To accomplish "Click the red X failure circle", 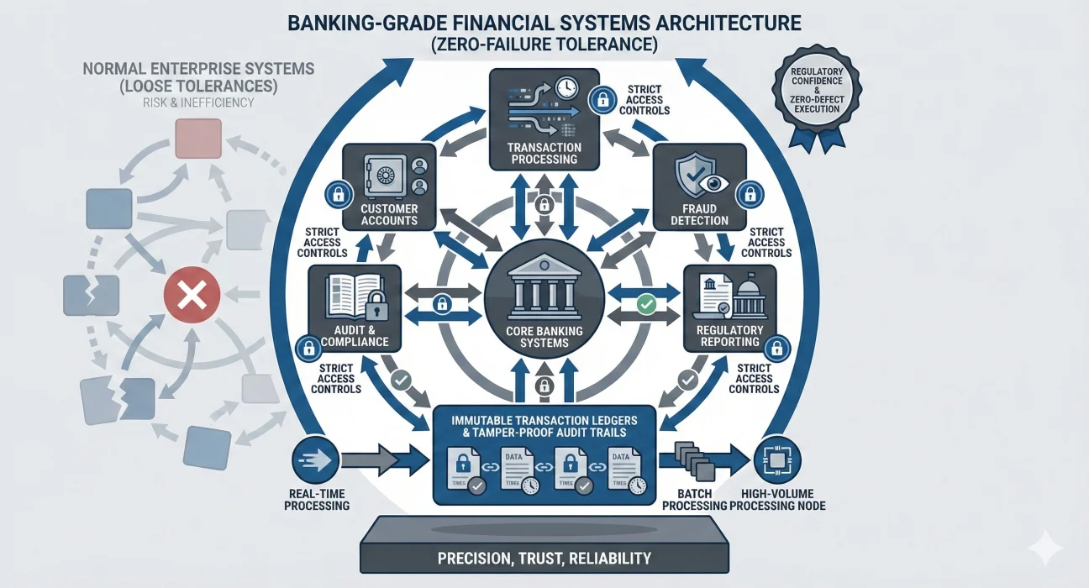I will [x=192, y=296].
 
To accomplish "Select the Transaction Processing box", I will [x=544, y=118].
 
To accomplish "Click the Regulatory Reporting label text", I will [x=729, y=336].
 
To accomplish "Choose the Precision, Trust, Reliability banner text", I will [x=544, y=558].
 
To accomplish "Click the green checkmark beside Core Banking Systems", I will [x=645, y=304].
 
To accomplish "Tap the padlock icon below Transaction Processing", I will [x=544, y=204].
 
